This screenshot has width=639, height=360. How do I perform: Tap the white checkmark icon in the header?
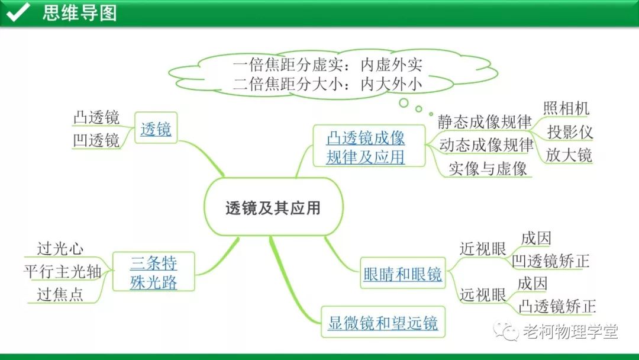pos(18,12)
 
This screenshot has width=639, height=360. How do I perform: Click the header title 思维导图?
pos(79,12)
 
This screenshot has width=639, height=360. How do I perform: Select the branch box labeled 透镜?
pos(156,128)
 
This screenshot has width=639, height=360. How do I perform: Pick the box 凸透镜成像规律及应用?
pos(366,147)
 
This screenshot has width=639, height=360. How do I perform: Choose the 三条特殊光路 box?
pos(153,272)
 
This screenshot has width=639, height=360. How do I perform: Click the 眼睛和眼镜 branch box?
pos(402,274)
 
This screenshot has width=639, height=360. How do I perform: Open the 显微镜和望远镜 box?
pos(383,323)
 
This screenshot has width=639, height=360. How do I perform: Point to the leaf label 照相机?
pos(566,108)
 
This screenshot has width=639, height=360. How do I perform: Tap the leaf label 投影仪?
pos(569,131)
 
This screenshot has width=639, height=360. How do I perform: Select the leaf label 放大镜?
pos(569,155)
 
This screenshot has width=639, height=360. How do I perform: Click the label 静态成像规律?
pos(485,122)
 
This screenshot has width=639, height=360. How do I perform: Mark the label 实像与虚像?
pos(487,168)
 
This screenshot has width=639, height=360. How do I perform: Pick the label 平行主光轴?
pos(62,272)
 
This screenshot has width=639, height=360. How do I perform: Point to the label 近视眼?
pos(483,249)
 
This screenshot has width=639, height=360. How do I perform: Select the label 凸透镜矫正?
pos(556,306)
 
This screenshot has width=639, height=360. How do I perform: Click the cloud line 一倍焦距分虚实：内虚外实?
pos(327,65)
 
